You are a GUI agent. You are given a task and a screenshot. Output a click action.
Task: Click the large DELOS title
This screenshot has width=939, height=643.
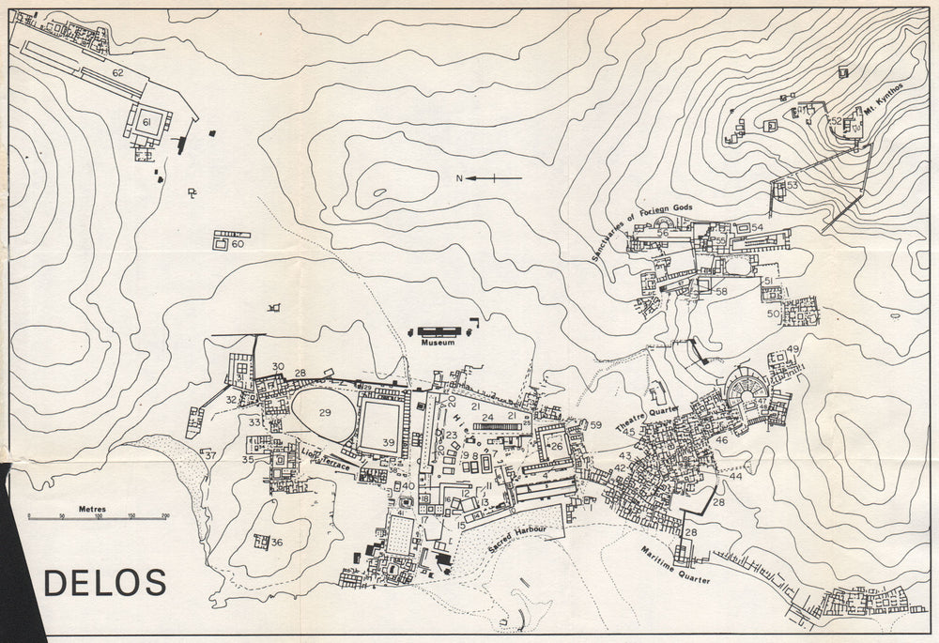(105, 583)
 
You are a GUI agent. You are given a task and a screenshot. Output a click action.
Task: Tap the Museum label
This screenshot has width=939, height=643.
(438, 344)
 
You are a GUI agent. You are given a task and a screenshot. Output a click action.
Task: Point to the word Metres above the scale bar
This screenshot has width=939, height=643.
(92, 509)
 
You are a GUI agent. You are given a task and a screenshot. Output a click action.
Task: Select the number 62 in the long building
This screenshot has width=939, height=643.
(117, 72)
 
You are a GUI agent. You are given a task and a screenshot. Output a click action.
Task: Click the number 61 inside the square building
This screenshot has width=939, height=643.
(146, 123)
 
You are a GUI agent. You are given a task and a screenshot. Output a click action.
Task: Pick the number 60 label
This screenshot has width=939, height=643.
(238, 244)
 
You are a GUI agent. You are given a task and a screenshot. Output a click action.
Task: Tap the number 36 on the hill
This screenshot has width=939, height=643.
(276, 543)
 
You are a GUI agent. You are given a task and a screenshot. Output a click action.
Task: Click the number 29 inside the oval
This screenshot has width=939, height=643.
(325, 413)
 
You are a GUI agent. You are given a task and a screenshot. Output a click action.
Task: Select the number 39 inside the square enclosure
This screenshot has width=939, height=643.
(388, 442)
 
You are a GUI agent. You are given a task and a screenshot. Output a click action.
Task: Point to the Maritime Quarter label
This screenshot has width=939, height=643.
(675, 566)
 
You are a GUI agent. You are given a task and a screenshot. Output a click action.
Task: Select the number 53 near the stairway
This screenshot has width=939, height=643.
(792, 185)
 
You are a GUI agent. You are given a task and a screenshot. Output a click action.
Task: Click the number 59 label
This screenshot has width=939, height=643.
(595, 425)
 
